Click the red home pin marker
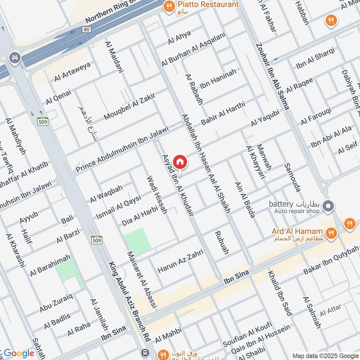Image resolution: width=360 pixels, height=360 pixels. pyautogui.click(x=180, y=162)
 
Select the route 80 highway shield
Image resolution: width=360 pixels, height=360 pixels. pyautogui.click(x=85, y=30)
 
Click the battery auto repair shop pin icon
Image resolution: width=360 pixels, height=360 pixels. pyautogui.click(x=329, y=206)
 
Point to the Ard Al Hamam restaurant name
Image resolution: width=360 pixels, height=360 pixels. pyautogui.click(x=297, y=232)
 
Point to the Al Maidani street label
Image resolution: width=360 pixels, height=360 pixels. pyautogui.click(x=114, y=57)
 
